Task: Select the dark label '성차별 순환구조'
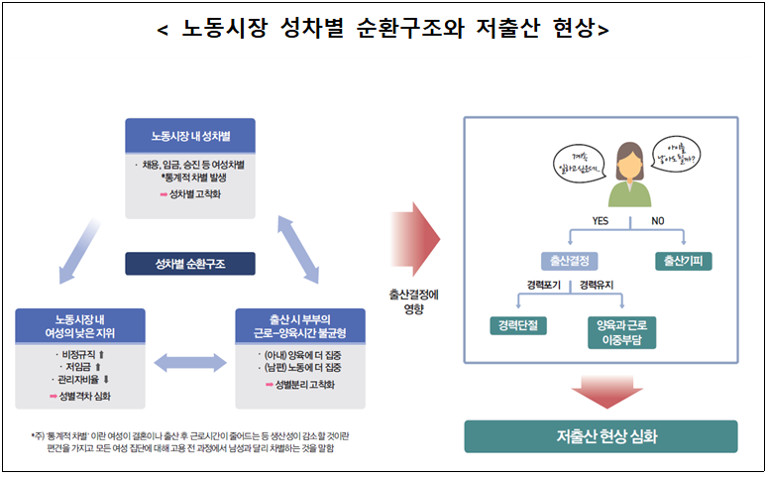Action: [x=190, y=264]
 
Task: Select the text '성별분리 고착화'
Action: [x=305, y=384]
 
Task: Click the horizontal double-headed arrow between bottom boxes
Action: [x=190, y=363]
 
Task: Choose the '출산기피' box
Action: [x=684, y=262]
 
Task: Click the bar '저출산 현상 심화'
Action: [x=601, y=436]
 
